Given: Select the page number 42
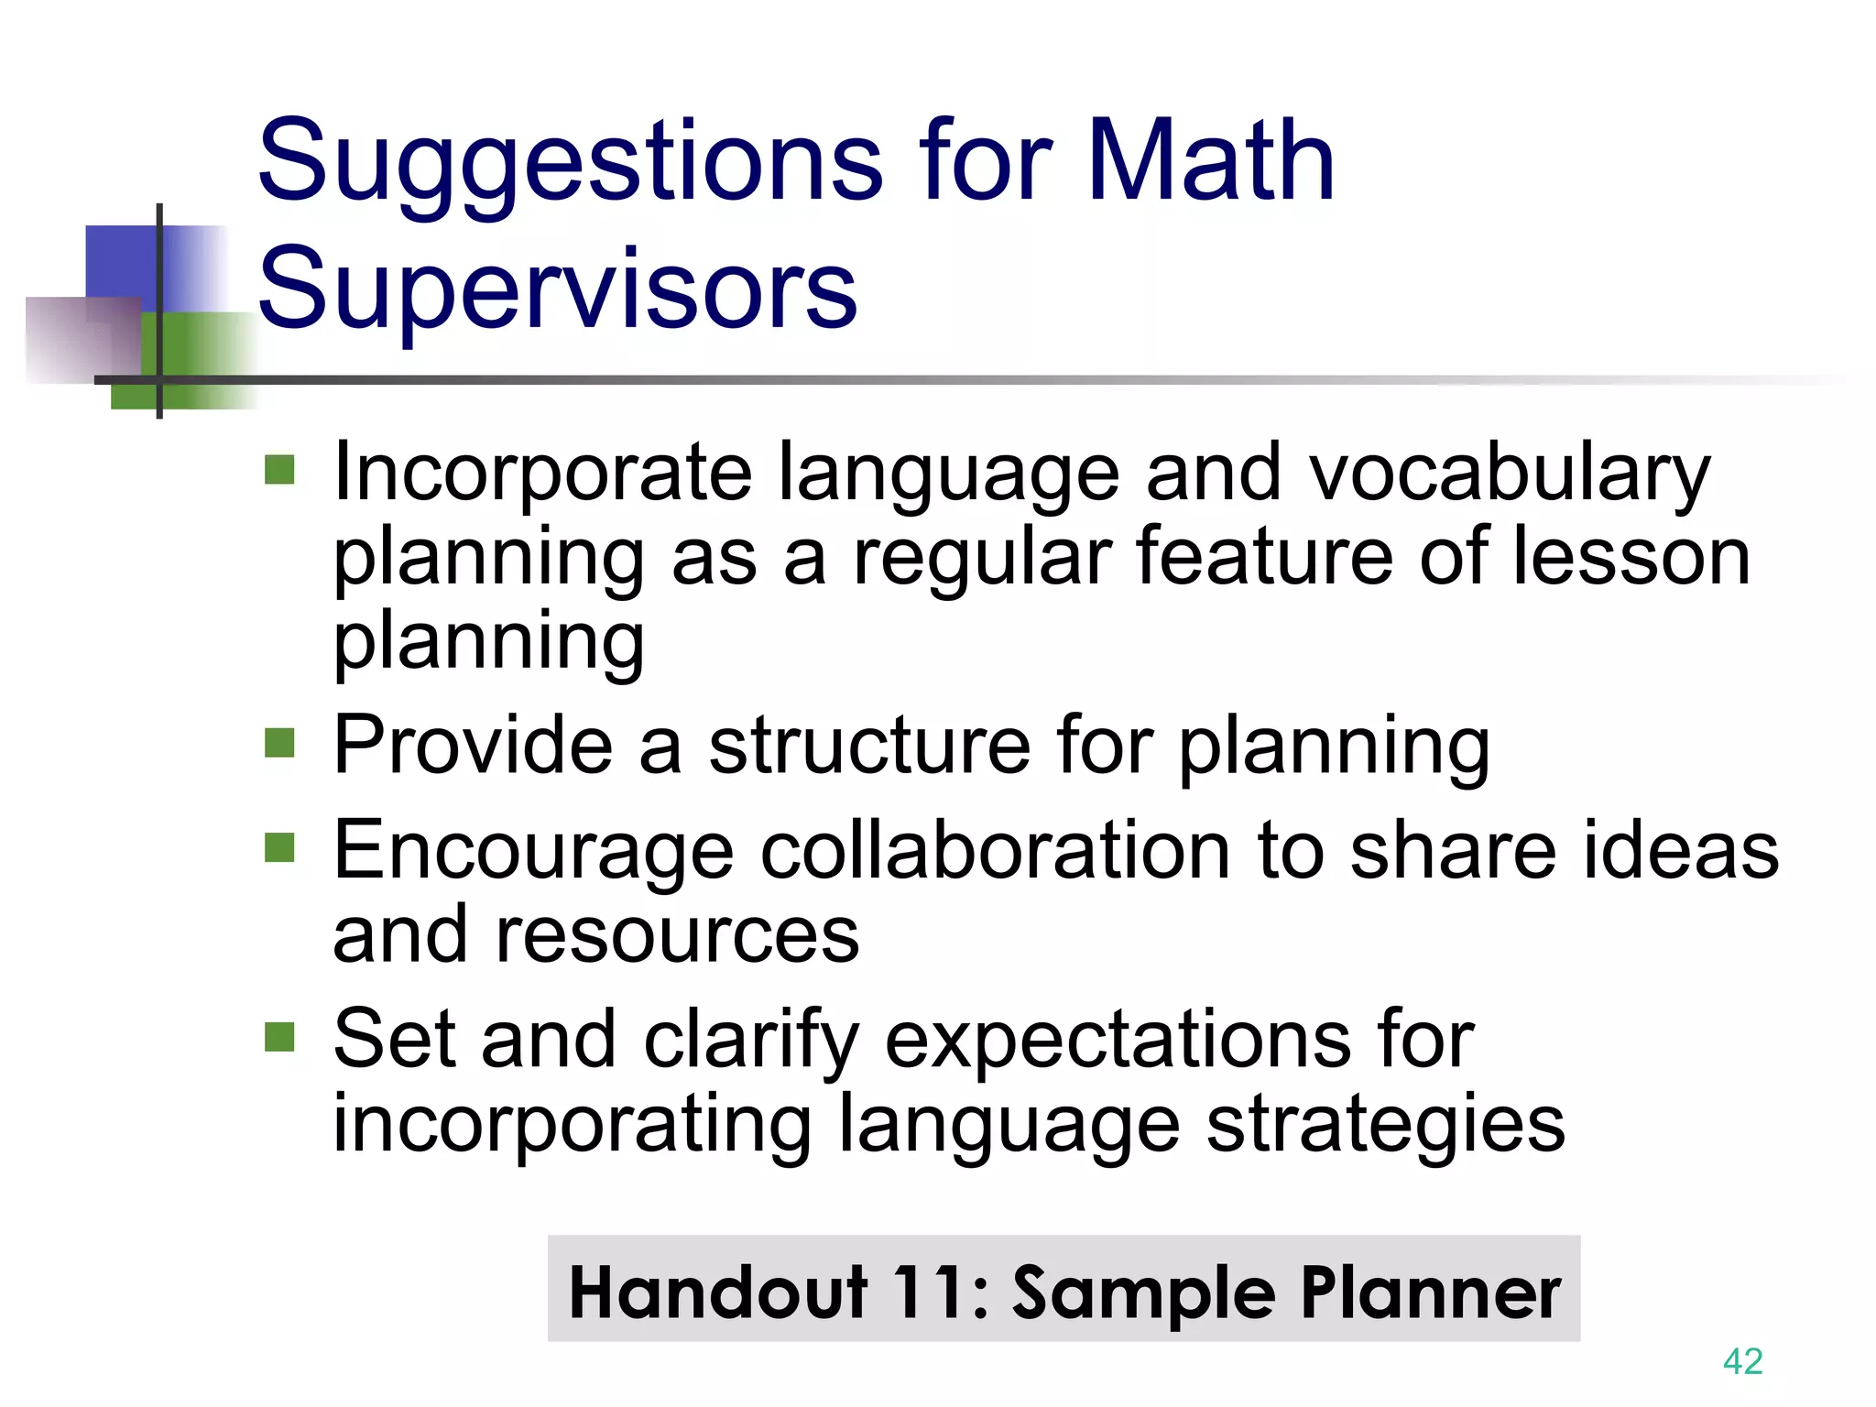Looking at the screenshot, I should click(1742, 1361).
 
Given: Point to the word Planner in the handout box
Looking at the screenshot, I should click(1430, 1292).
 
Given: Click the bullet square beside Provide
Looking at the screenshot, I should click(279, 743).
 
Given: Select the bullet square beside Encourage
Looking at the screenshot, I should click(279, 847).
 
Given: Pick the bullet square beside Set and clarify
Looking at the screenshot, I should click(279, 1037).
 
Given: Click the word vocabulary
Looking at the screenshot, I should click(1509, 474).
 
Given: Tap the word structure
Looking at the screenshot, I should click(869, 746).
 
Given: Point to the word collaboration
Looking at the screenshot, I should click(996, 851).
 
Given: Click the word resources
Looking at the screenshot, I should click(677, 935).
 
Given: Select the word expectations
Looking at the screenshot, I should click(1118, 1042).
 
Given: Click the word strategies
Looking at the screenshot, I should click(1385, 1126).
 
